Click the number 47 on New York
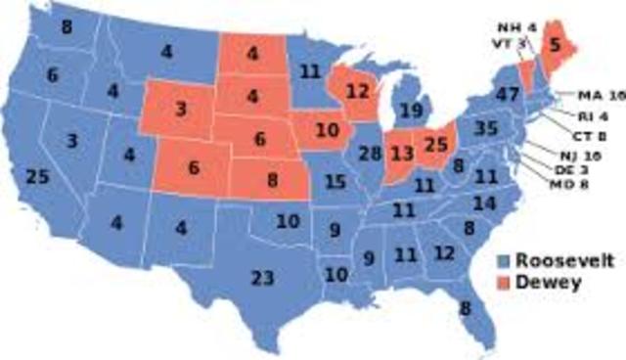tap(506, 95)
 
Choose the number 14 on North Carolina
tap(484, 202)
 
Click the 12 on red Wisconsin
tap(356, 89)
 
